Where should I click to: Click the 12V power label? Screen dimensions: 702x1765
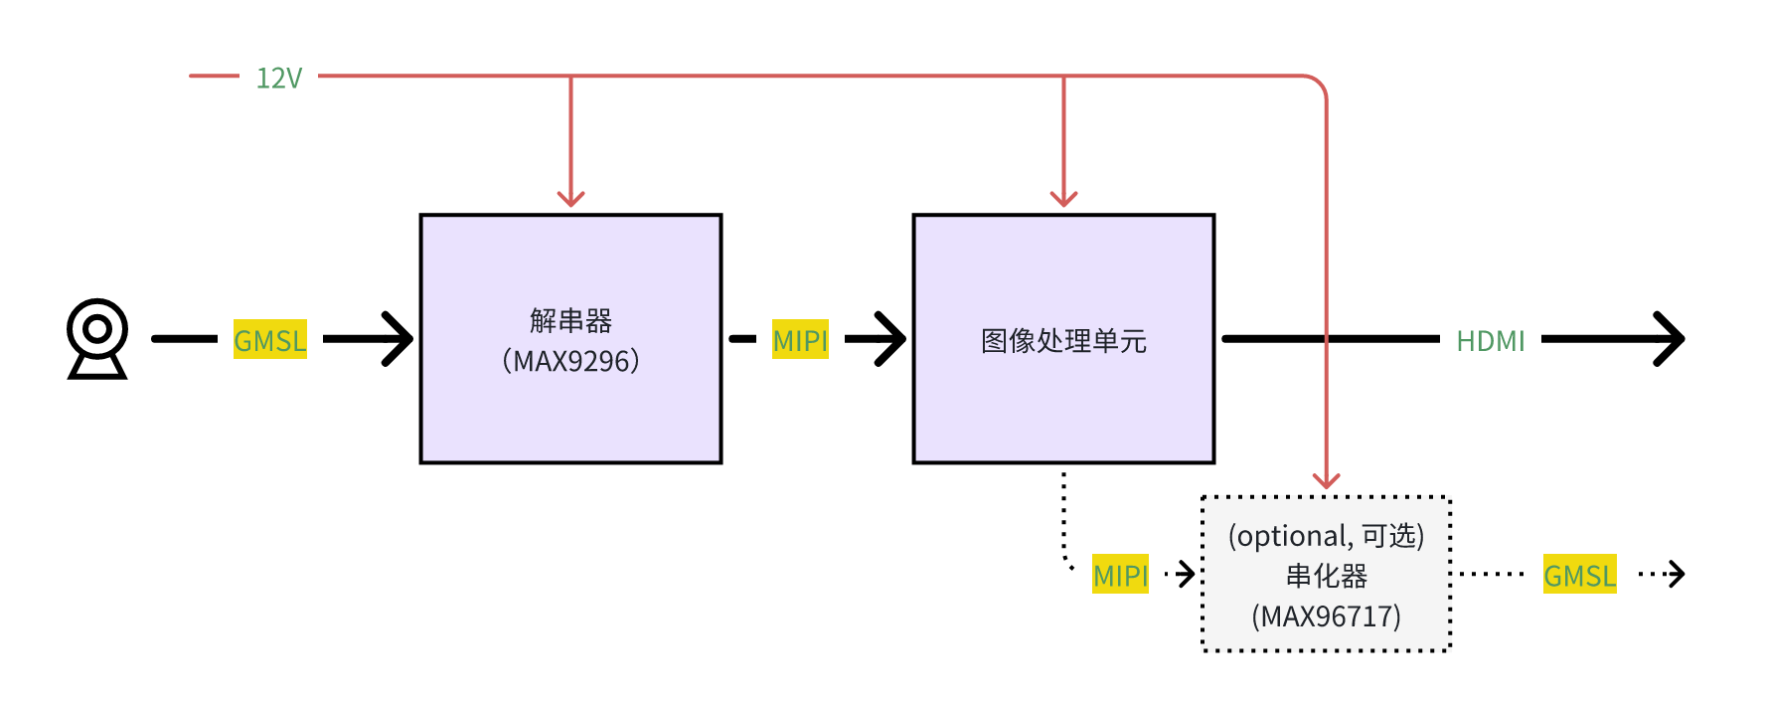point(278,78)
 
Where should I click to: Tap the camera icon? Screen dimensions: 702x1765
point(97,338)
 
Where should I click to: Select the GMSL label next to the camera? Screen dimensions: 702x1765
point(270,340)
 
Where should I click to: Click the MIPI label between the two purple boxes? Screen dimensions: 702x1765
point(800,340)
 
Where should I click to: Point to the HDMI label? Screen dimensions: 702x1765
point(1490,341)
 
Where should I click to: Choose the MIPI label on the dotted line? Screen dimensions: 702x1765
point(1120,575)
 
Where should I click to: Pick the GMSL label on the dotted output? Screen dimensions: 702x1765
point(1579,575)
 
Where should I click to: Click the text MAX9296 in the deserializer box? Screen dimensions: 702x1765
point(571,361)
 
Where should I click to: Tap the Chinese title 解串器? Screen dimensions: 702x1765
point(570,320)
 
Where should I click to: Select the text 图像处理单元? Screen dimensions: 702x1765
point(1063,341)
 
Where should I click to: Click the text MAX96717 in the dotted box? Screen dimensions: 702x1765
point(1327,616)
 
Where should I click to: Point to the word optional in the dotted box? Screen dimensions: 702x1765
point(1292,536)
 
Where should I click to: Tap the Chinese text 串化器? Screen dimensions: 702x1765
point(1327,576)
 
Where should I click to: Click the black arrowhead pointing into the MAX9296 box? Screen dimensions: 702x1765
point(400,339)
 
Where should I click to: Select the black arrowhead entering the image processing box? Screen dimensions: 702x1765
point(892,339)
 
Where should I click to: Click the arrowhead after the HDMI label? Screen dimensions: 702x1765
point(1672,339)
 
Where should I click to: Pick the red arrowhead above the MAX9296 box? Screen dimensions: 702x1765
point(570,197)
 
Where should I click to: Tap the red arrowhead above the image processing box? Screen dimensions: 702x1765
point(1063,197)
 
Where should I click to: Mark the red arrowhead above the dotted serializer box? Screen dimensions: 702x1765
point(1327,480)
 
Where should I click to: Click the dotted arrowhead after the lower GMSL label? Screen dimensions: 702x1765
point(1677,574)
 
